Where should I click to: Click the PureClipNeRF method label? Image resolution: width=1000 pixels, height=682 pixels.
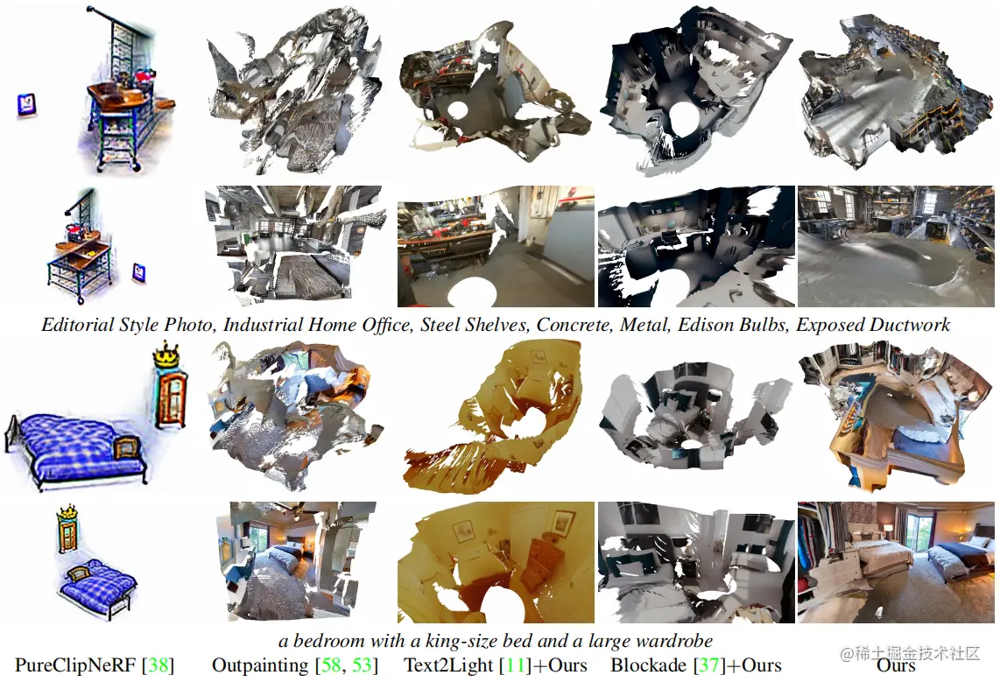click(x=76, y=666)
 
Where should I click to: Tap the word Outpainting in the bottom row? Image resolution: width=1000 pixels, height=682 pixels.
click(x=260, y=666)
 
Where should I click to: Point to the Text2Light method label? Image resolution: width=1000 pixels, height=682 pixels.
click(x=448, y=666)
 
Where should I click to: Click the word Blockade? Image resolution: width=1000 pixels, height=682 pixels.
click(x=649, y=666)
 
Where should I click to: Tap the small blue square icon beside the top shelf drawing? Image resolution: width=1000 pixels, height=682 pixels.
click(x=26, y=104)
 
